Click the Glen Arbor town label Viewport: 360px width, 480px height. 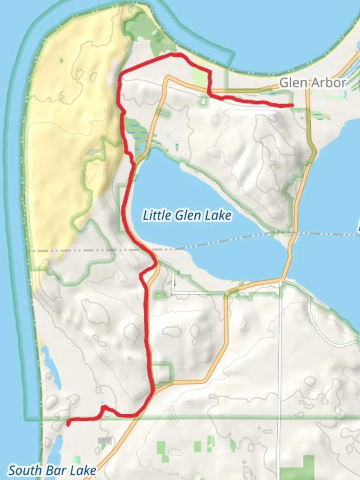(312, 83)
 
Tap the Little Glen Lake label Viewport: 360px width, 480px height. (187, 216)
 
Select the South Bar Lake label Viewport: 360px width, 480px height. (52, 470)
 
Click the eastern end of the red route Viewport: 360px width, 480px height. (292, 105)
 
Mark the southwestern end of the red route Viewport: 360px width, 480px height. (68, 424)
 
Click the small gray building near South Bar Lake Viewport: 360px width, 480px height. (105, 440)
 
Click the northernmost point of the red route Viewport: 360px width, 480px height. (176, 55)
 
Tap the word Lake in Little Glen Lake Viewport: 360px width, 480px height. (218, 216)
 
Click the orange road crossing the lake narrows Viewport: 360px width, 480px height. (290, 253)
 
